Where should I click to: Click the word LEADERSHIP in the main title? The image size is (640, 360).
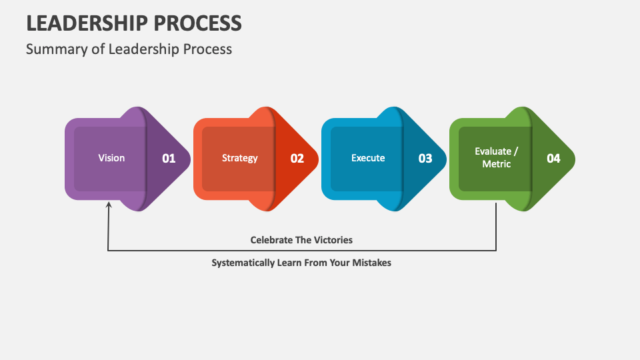tap(87, 23)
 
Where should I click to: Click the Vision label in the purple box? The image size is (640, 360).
tap(111, 158)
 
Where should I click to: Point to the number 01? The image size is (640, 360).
tap(169, 159)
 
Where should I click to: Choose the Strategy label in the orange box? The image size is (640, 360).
tap(239, 158)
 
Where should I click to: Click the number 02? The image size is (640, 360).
tap(297, 159)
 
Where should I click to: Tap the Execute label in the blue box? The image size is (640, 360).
tap(368, 158)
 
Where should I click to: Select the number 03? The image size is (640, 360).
tap(425, 159)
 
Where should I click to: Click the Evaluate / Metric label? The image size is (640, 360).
tap(497, 157)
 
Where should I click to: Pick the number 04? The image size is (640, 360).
tap(553, 159)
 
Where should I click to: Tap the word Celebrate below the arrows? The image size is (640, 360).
tap(271, 239)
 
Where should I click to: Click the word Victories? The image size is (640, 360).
tap(332, 239)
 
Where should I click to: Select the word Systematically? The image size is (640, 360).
tap(243, 263)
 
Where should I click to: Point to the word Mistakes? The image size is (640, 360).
tap(371, 263)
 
